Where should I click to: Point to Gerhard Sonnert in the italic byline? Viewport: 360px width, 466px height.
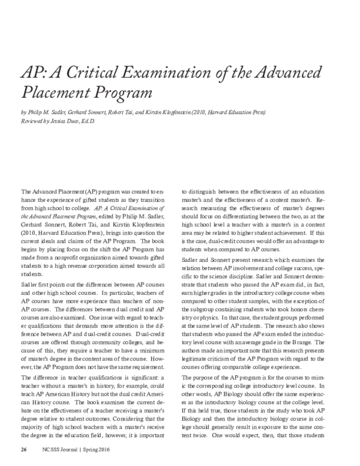(x=97, y=112)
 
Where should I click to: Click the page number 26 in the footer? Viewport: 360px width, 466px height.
(x=24, y=450)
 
